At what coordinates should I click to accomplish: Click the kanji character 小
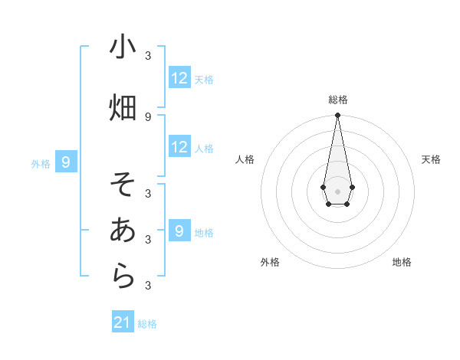tap(123, 47)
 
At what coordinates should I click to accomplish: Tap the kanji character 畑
tap(123, 106)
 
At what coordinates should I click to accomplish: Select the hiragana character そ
tap(123, 185)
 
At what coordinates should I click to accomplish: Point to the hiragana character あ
tap(123, 230)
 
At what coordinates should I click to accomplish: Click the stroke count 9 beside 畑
tap(148, 116)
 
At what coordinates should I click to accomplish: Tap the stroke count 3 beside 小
tap(148, 56)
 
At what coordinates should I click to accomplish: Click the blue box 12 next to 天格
tap(179, 78)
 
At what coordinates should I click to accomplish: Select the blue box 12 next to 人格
tap(179, 147)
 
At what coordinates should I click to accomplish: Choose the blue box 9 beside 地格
tap(179, 231)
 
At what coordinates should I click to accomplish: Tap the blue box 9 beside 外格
tap(67, 162)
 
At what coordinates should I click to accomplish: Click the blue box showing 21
tap(123, 322)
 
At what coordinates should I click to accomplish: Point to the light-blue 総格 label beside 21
tap(147, 324)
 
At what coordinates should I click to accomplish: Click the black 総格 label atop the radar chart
tap(337, 100)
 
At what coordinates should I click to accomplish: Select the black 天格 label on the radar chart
tap(431, 159)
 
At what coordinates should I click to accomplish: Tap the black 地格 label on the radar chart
tap(402, 262)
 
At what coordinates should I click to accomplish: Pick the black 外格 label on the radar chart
tap(270, 262)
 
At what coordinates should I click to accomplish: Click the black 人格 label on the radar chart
tap(245, 159)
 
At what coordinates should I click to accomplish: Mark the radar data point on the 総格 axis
tap(337, 116)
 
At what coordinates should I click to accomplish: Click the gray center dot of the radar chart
tap(337, 190)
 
